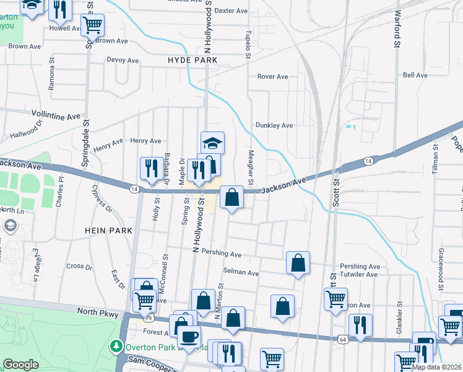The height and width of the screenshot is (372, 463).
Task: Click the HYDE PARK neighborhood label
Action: click(x=193, y=60)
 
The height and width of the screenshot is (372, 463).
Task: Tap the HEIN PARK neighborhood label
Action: click(x=109, y=230)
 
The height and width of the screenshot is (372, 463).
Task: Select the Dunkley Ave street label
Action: click(x=275, y=125)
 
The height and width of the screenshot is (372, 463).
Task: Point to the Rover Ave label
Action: click(x=273, y=77)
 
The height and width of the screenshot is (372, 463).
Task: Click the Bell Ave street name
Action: click(x=415, y=75)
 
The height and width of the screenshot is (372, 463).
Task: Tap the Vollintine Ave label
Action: click(x=56, y=116)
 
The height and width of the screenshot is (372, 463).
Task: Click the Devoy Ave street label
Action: click(x=123, y=60)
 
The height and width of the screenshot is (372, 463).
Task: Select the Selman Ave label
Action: click(x=241, y=273)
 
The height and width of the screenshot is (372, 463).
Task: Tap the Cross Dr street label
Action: click(x=79, y=267)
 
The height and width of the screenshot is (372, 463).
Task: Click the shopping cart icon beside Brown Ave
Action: click(x=93, y=25)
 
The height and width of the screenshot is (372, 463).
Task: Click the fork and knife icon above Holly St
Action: click(x=150, y=168)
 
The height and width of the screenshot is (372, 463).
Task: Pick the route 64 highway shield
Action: click(x=343, y=339)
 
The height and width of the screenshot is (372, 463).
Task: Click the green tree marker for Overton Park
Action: click(x=116, y=346)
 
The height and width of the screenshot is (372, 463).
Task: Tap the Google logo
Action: click(x=20, y=365)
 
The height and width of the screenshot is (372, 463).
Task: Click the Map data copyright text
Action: click(x=436, y=367)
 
